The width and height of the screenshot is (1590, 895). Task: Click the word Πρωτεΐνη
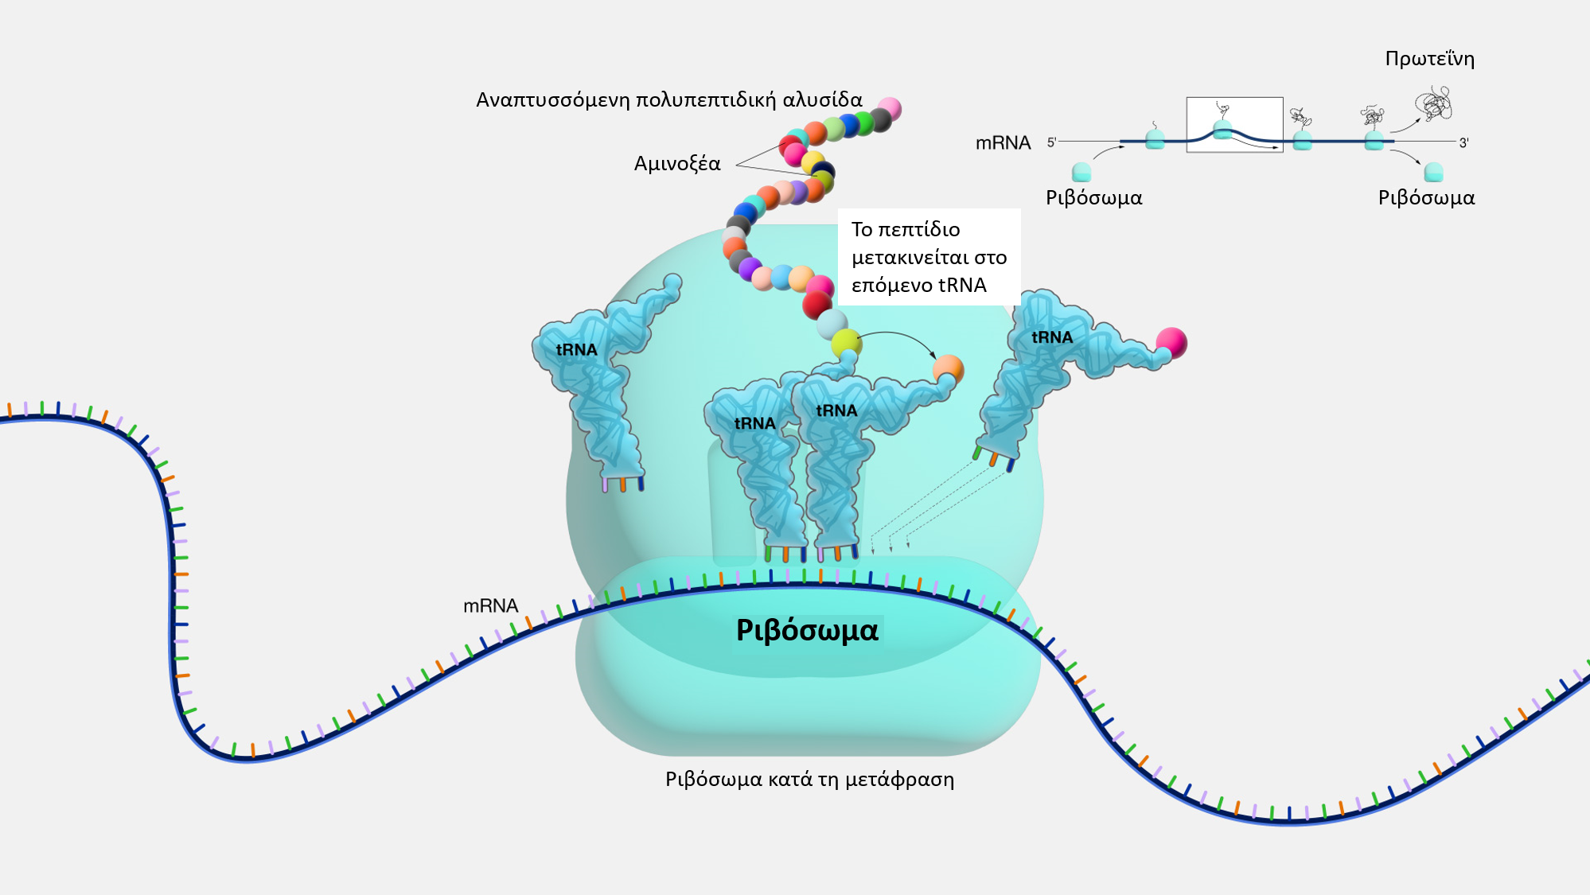(x=1429, y=59)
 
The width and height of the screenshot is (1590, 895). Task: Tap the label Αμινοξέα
(x=677, y=164)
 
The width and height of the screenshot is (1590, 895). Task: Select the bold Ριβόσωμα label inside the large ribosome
(x=807, y=630)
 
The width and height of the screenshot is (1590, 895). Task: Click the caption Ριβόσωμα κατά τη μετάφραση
(x=809, y=779)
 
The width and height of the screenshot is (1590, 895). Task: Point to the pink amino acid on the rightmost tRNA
(x=1171, y=343)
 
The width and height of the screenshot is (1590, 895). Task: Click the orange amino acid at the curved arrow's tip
(x=948, y=369)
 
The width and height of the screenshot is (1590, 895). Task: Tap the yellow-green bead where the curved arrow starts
(x=846, y=344)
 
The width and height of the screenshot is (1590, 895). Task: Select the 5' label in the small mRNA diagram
(x=1051, y=142)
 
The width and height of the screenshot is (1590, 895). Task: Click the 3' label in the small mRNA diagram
(x=1463, y=143)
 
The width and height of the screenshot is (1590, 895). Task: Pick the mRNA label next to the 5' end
(x=1003, y=143)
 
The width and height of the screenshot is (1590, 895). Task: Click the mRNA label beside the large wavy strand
(x=490, y=606)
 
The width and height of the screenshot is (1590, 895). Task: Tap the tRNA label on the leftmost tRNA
(x=576, y=350)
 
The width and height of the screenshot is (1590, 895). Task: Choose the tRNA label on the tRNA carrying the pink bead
(x=1052, y=337)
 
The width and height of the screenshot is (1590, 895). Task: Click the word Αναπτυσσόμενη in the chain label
(x=553, y=100)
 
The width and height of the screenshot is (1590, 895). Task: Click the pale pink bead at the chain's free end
(x=889, y=108)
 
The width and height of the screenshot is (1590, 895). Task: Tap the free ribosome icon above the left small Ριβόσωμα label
(x=1081, y=172)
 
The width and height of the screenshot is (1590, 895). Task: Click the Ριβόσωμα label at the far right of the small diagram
(x=1426, y=198)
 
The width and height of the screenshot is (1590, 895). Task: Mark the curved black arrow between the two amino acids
(x=897, y=333)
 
